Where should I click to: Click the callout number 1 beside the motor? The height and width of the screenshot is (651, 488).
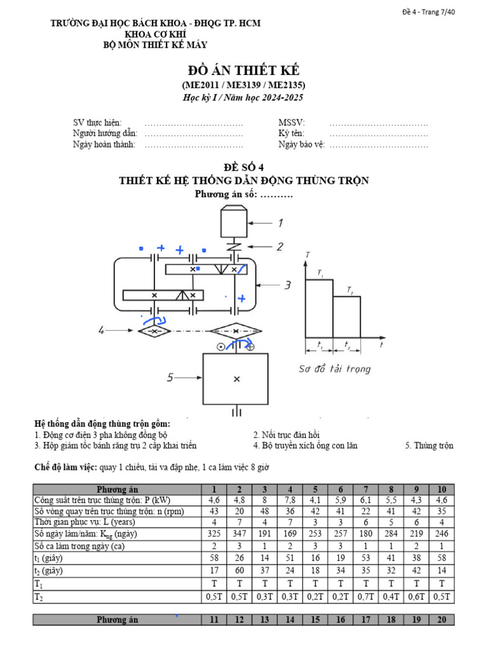click(280, 223)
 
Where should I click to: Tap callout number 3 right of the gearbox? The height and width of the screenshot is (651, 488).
click(287, 285)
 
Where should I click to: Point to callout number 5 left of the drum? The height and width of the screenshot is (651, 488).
click(170, 377)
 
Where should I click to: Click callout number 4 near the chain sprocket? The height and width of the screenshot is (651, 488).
click(101, 330)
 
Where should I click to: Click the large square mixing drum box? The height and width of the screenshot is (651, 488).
click(236, 379)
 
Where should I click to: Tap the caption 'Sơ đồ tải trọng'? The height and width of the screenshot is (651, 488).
click(334, 369)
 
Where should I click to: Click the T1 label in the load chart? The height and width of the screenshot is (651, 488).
click(320, 274)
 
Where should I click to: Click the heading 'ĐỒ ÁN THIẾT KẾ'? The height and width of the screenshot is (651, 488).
click(243, 71)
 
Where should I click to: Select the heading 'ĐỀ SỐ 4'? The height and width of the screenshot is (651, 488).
click(243, 167)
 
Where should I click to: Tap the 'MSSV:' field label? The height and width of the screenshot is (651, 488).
click(292, 123)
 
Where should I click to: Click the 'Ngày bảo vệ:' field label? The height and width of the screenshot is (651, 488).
click(301, 145)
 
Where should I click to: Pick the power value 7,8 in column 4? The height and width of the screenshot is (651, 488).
click(290, 500)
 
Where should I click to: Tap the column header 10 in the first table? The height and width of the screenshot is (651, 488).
click(442, 490)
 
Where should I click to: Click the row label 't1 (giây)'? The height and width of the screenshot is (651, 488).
click(50, 558)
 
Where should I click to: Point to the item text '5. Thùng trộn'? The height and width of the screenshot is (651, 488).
click(429, 446)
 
